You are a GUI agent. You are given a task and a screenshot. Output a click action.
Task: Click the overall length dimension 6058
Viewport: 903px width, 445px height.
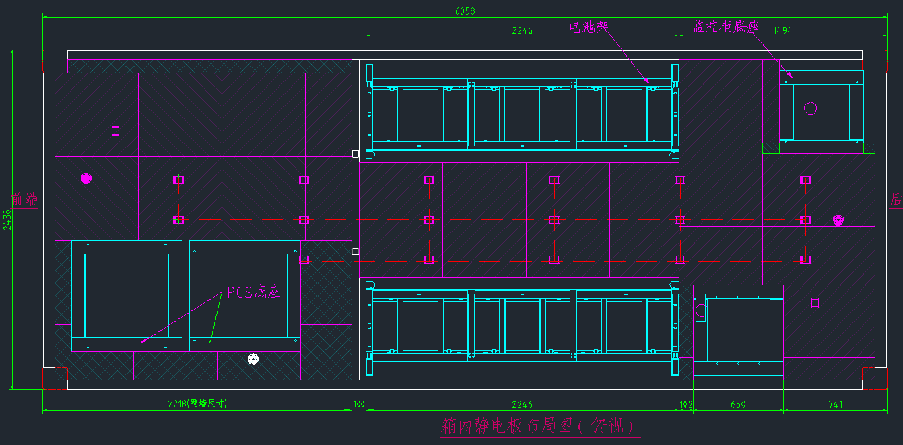[x=465, y=11]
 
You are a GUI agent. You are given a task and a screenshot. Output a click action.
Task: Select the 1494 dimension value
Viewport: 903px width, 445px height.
[x=782, y=30]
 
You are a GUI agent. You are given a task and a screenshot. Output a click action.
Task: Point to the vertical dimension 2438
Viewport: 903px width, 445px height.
[x=7, y=219]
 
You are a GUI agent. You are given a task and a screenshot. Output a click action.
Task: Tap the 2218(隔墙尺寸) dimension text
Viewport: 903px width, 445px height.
[x=197, y=404]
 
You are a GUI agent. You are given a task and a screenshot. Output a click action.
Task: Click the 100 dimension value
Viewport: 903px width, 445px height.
[x=358, y=405]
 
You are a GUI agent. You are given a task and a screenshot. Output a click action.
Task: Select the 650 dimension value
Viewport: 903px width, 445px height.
[x=738, y=405]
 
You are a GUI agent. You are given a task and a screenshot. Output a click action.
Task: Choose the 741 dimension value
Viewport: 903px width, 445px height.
[x=835, y=405]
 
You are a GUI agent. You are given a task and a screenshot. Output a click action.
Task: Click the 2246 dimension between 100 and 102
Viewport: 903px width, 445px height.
[x=522, y=405]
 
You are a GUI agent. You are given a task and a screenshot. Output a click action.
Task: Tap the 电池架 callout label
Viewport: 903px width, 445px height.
[x=589, y=26]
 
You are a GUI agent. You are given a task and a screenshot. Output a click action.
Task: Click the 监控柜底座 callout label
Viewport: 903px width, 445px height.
[x=725, y=26]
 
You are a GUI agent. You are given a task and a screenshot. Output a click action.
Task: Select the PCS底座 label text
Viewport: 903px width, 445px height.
[x=253, y=292]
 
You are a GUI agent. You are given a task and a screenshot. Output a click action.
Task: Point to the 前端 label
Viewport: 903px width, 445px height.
[x=25, y=199]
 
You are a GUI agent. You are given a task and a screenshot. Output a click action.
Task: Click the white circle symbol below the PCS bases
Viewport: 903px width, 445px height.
[x=253, y=360]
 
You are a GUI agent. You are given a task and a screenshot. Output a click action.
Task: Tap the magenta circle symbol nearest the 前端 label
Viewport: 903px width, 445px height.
[x=86, y=178]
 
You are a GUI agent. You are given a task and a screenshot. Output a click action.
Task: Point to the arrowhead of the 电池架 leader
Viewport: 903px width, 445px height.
[x=649, y=82]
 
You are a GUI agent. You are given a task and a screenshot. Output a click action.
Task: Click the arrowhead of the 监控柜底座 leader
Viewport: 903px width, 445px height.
[x=792, y=78]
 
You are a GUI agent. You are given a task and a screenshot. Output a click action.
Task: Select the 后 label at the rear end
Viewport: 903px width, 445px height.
[x=896, y=199]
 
